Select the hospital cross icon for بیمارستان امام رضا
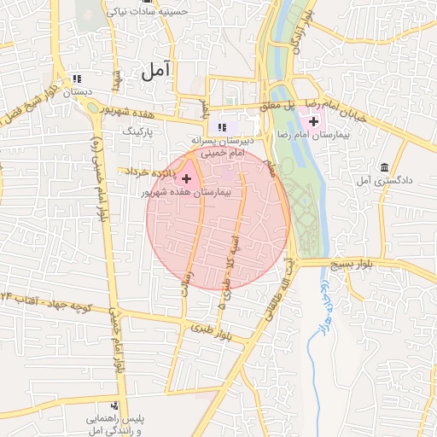pyautogui.click(x=314, y=125)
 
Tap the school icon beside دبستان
pyautogui.click(x=79, y=79)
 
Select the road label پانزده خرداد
pyautogui.click(x=150, y=172)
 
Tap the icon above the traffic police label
pyautogui.click(x=114, y=405)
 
